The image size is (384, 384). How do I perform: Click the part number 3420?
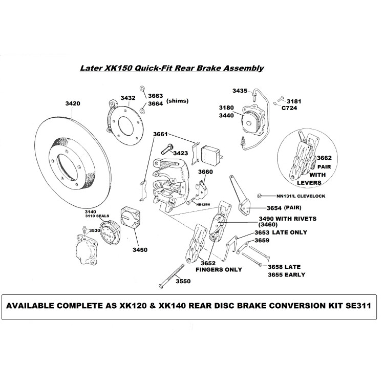[x=73, y=103]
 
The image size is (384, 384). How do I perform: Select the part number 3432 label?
[x=127, y=97]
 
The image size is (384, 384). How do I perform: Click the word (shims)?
[x=177, y=101]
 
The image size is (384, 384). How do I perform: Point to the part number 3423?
[x=180, y=153]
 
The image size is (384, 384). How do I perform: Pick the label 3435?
[x=240, y=91]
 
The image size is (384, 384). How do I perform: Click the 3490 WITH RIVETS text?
[x=287, y=218]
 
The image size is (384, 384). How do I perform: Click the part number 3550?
[x=183, y=281]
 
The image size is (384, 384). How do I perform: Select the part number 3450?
[x=140, y=250]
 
